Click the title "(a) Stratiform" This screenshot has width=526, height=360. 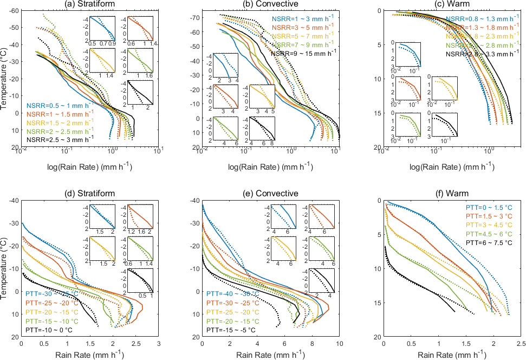(x=89, y=5)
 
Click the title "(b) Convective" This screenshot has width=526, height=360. (x=271, y=5)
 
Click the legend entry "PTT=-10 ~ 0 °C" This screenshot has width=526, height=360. (x=50, y=329)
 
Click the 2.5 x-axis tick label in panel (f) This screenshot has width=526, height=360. (x=521, y=343)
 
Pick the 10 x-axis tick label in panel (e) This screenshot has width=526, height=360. (x=340, y=343)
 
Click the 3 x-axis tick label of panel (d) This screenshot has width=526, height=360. (x=158, y=343)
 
